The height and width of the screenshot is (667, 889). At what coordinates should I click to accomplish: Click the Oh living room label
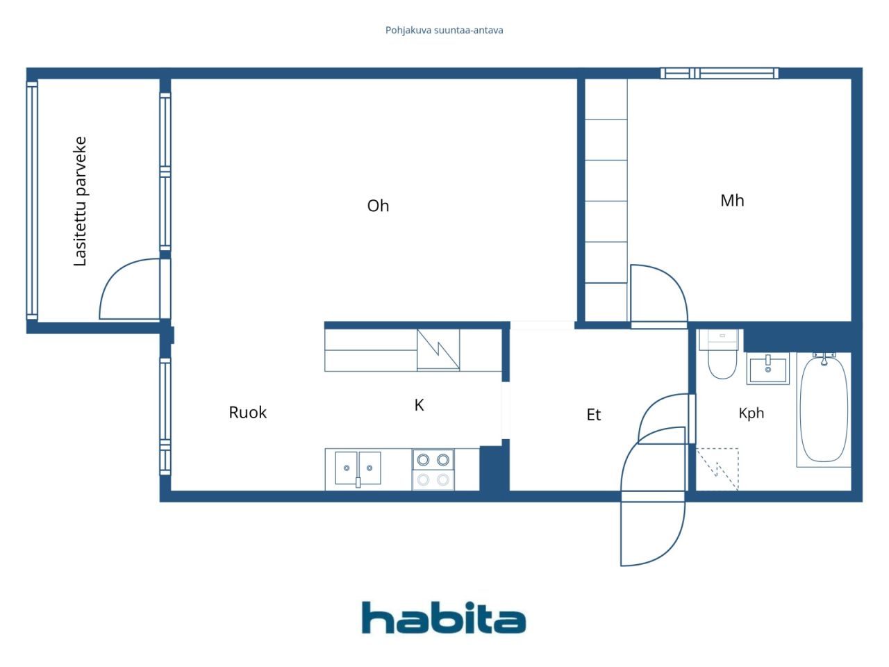(378, 206)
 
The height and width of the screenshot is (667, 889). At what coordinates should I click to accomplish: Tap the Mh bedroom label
(732, 201)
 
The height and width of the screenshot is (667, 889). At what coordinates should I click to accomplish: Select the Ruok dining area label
(247, 412)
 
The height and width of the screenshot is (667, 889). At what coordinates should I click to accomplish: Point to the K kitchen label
(419, 405)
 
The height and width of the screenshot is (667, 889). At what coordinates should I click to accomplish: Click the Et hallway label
(593, 415)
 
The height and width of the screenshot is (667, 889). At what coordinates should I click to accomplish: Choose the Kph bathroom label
(751, 413)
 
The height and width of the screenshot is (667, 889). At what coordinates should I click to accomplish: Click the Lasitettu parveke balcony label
(80, 201)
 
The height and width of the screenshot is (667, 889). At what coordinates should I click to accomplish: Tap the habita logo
(444, 618)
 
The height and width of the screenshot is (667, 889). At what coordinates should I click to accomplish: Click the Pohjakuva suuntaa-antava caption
(444, 31)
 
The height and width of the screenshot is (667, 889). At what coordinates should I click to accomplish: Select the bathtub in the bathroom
(824, 409)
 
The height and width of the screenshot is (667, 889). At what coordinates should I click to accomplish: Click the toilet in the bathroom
(722, 354)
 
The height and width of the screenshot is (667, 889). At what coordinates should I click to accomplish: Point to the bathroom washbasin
(768, 368)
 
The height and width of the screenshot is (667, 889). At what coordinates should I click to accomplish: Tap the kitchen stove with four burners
(433, 470)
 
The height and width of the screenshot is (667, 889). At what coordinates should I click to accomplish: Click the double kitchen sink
(358, 468)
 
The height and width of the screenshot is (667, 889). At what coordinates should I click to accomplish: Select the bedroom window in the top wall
(720, 74)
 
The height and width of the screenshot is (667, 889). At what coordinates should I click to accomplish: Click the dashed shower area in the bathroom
(717, 470)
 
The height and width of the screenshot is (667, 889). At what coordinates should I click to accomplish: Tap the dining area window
(165, 416)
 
